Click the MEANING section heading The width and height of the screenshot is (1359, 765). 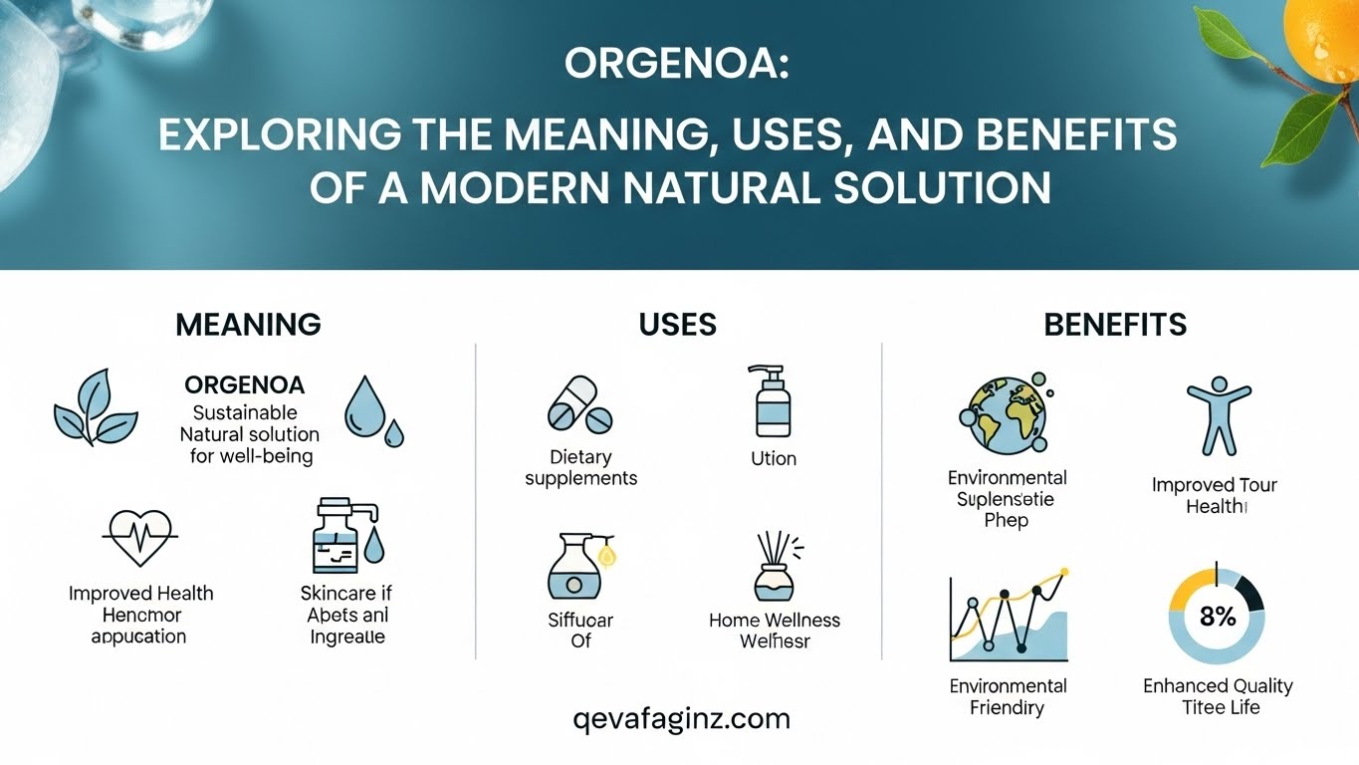click(248, 324)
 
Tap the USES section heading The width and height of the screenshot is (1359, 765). click(678, 324)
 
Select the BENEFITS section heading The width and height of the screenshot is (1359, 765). click(1115, 324)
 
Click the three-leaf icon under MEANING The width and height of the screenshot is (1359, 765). click(96, 408)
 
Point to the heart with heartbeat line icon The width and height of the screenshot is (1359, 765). click(139, 538)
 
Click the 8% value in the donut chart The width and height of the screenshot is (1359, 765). click(1217, 617)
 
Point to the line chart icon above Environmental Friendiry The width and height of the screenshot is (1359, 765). click(1009, 618)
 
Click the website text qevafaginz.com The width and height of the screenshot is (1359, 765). click(682, 718)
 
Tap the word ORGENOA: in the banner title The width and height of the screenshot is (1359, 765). click(677, 65)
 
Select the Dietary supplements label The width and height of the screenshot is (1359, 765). click(580, 468)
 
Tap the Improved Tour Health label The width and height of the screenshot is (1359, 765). click(1215, 495)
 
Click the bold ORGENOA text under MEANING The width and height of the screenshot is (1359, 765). click(245, 384)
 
